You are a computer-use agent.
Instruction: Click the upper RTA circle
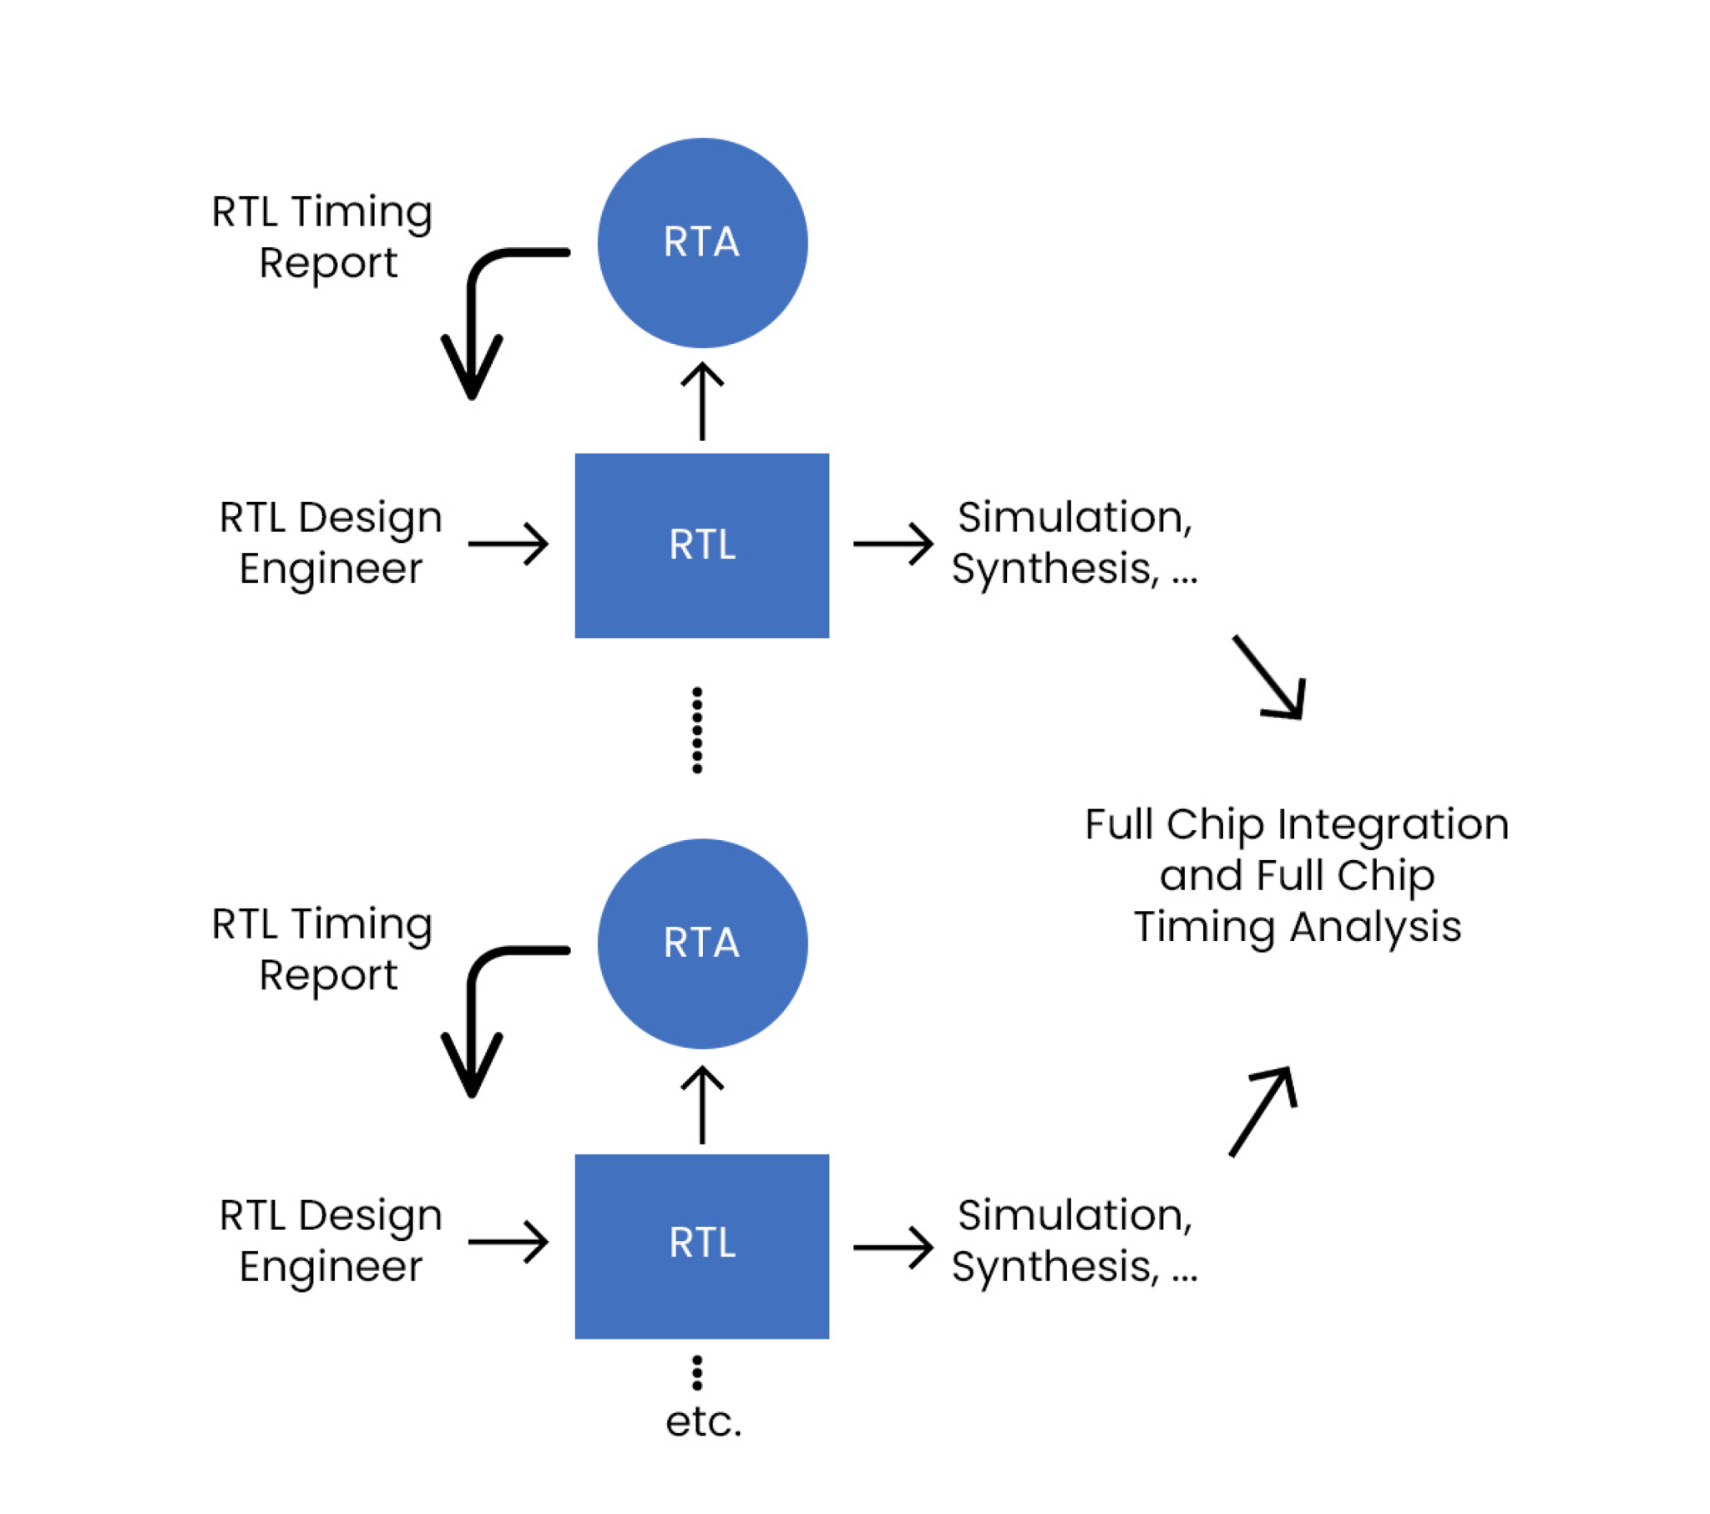702,243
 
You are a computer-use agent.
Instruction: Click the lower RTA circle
702,943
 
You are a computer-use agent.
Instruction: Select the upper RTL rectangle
702,545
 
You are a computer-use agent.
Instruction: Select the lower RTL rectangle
702,1245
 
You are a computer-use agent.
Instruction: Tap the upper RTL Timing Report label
322,237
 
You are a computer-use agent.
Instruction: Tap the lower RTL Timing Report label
322,949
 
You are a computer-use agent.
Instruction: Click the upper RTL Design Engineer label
331,542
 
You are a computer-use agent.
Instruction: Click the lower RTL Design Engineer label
331,1240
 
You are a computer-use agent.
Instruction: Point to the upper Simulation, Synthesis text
1075,542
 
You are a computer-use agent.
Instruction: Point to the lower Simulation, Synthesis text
1075,1240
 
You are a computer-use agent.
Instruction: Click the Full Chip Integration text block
1297,875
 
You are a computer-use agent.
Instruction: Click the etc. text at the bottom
703,1422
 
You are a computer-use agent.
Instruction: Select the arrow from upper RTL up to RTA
702,402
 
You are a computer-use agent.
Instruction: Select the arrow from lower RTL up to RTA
702,1105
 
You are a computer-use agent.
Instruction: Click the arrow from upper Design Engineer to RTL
508,544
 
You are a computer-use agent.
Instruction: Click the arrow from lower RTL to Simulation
893,1247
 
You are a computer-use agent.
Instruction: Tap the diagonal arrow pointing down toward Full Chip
1269,678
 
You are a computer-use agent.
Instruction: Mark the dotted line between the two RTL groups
697,730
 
